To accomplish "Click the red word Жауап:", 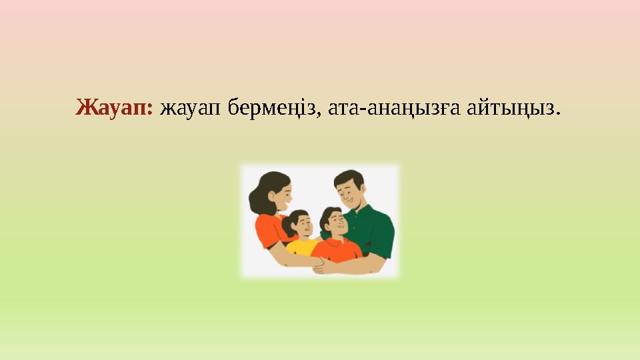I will pyautogui.click(x=115, y=107).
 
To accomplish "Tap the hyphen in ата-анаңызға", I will pyautogui.click(x=358, y=109).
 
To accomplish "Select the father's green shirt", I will pyautogui.click(x=375, y=230).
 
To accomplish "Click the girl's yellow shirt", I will pyautogui.click(x=301, y=247).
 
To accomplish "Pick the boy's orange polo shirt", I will pyautogui.click(x=337, y=250).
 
